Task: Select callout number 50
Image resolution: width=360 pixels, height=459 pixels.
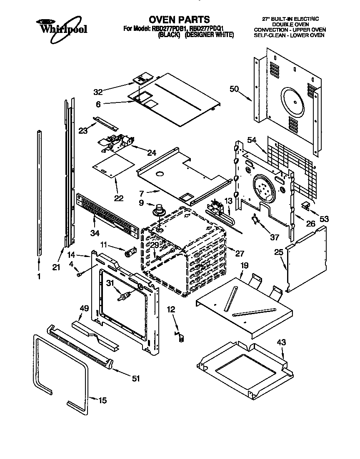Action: point(234,88)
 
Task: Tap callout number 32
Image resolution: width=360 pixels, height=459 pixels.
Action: point(98,91)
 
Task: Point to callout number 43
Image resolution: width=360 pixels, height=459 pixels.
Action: point(282,342)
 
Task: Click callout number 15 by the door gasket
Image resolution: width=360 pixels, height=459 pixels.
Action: point(102,401)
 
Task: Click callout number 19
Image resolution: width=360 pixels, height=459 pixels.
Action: point(244,265)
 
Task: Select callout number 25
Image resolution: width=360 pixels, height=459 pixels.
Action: point(278,252)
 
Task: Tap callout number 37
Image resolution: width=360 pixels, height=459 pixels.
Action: point(274,237)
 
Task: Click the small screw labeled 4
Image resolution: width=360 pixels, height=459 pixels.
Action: point(79,274)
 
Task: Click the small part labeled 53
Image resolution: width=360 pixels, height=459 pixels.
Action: point(306,205)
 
